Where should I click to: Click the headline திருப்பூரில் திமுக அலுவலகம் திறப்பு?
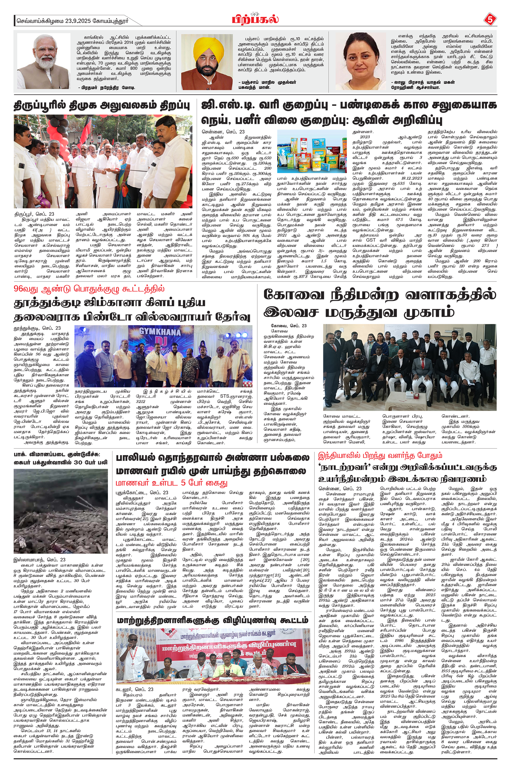[x=102, y=106]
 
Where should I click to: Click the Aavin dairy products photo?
[x=312, y=151]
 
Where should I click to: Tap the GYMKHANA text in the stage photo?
[x=160, y=332]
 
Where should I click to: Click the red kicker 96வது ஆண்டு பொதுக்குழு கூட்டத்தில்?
[x=89, y=289]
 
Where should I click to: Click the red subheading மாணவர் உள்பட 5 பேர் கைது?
[x=172, y=482]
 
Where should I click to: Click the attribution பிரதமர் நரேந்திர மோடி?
[x=107, y=88]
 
